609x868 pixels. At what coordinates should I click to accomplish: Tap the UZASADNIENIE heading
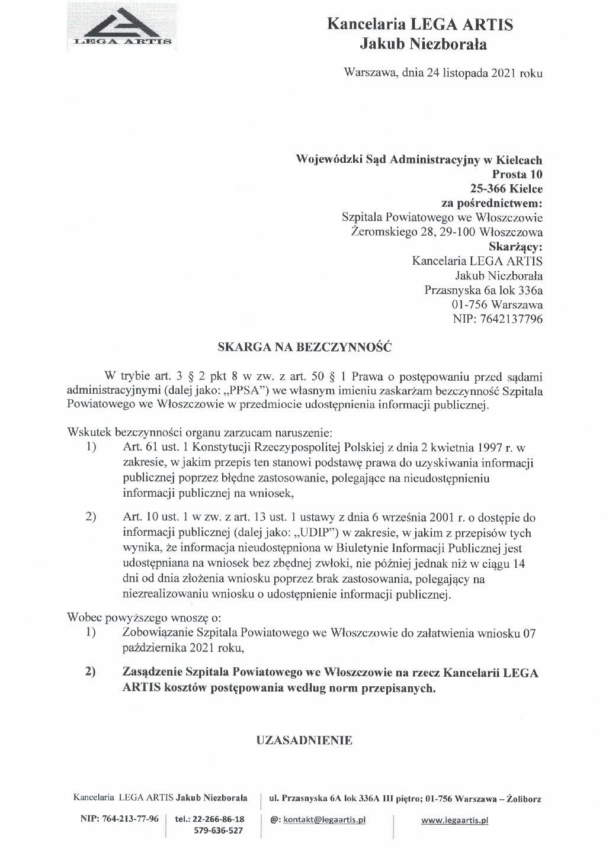(304, 740)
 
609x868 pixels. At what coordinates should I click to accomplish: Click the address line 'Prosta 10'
(517, 175)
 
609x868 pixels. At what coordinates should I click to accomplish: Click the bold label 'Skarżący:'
(515, 247)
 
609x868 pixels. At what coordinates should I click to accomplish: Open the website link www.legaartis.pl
(454, 821)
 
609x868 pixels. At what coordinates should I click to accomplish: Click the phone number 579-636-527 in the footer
(219, 831)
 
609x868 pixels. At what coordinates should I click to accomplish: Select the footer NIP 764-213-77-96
(119, 819)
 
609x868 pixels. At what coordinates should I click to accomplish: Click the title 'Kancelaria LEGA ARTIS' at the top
(420, 25)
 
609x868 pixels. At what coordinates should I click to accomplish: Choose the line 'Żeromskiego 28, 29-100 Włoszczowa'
(447, 232)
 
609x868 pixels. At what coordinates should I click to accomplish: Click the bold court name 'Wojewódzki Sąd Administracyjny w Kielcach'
(419, 160)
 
